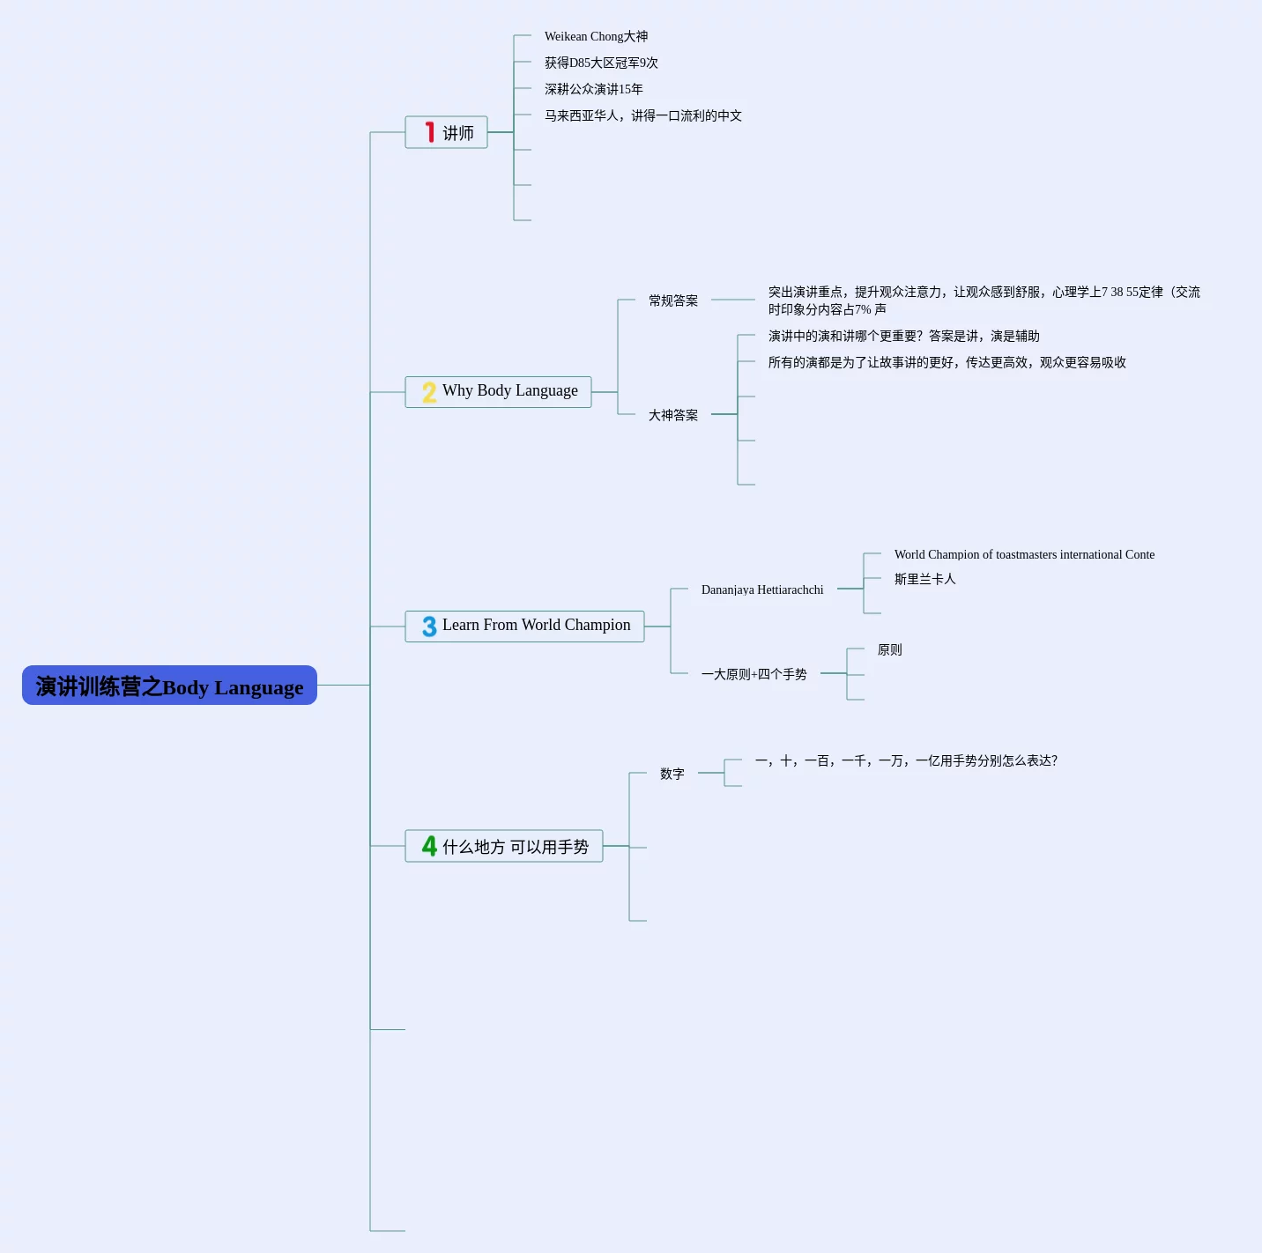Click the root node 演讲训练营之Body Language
pos(169,686)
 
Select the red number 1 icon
pos(429,132)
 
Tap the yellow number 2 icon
pos(429,392)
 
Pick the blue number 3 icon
pos(429,626)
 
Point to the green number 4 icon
pos(429,846)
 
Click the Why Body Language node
pos(499,392)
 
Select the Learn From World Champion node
pos(524,626)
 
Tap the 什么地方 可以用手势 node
pos(504,846)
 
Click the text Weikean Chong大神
pos(596,37)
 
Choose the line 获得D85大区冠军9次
pos(601,63)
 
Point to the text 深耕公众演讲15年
pos(594,89)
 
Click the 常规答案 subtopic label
pos(673,300)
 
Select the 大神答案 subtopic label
pos(673,415)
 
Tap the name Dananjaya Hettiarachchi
pos(762,589)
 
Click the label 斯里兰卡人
pos(924,579)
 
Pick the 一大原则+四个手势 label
pos(753,674)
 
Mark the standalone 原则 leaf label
pos(889,649)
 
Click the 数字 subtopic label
pos(672,774)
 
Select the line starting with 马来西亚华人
pos(643,116)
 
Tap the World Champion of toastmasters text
pos(1024,555)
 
